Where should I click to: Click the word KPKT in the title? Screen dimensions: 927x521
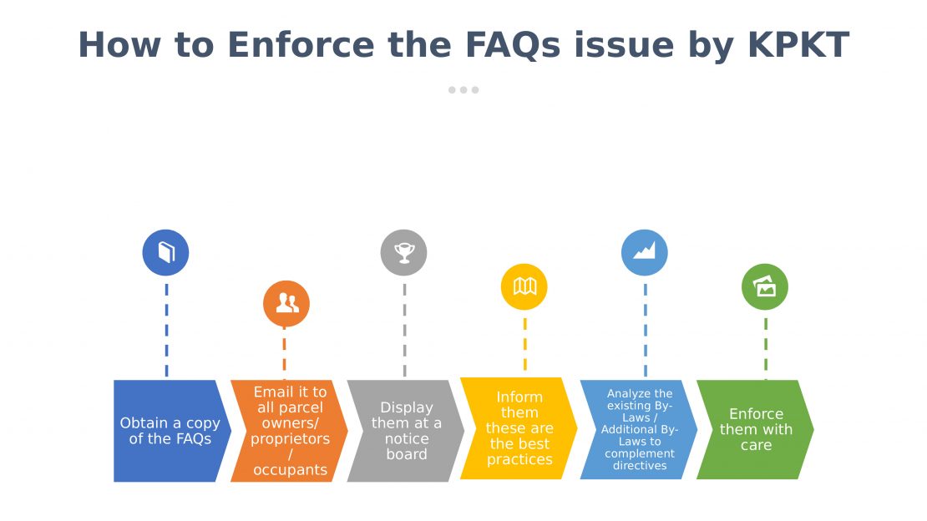(798, 45)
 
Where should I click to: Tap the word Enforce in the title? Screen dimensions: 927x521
(301, 45)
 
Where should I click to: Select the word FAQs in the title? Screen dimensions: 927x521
(513, 46)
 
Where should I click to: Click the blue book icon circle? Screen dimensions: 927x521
(165, 252)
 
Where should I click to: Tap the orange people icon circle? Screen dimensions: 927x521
(286, 303)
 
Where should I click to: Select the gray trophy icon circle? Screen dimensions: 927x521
(404, 252)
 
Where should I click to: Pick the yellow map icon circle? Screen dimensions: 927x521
(524, 287)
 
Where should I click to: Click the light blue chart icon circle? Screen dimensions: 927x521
(645, 252)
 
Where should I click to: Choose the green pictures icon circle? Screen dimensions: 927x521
(764, 287)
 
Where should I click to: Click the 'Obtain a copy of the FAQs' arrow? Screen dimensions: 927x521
(170, 431)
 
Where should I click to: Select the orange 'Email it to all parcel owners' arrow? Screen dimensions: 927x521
(289, 431)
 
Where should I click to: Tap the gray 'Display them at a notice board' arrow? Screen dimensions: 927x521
(406, 431)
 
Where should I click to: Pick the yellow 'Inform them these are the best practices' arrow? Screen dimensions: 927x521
(519, 428)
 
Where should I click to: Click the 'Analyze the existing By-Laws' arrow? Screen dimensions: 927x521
(639, 429)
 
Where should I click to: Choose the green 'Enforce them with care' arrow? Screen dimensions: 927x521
(756, 429)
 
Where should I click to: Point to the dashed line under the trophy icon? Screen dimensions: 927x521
(404, 330)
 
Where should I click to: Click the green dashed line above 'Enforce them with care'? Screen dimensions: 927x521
(766, 345)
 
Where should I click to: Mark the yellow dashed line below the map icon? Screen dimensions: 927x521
(525, 345)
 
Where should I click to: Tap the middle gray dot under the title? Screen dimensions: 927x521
(463, 90)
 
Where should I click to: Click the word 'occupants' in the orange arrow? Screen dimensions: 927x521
(290, 469)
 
